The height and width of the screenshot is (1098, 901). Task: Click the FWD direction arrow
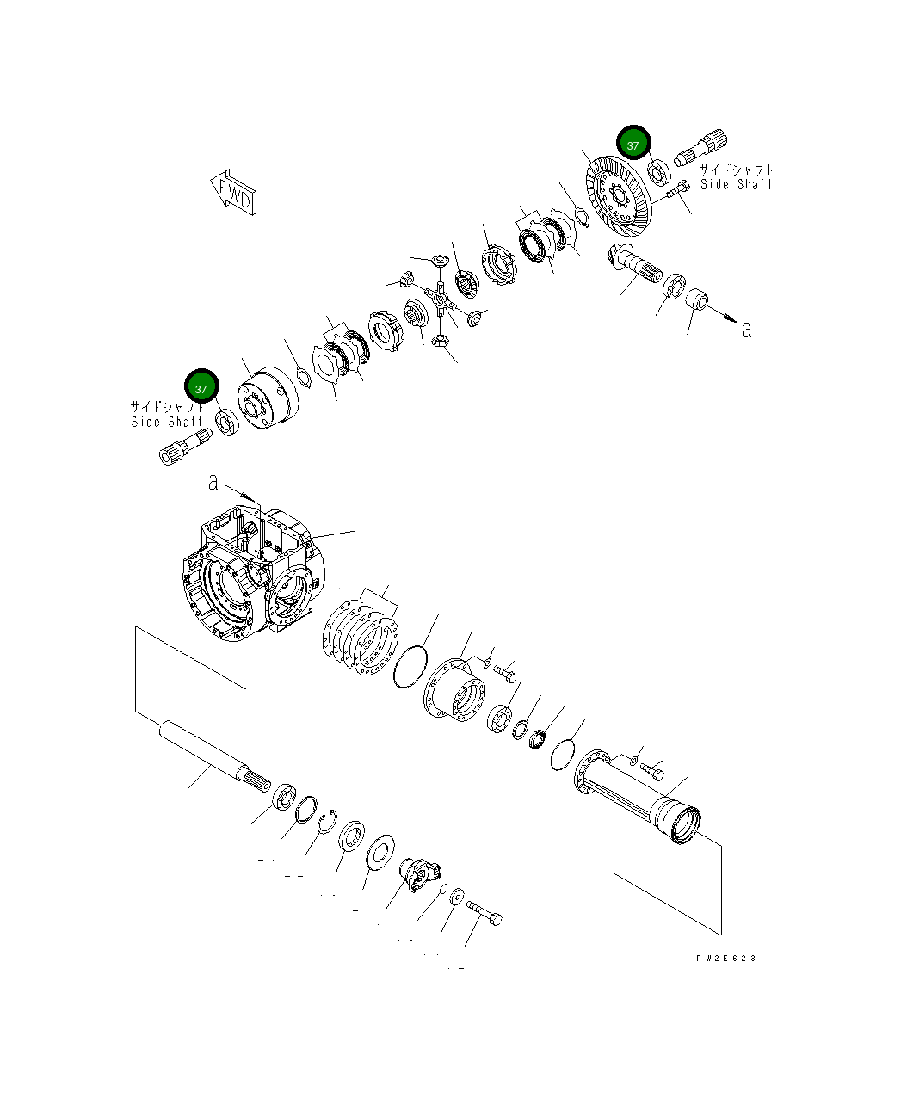[x=233, y=194]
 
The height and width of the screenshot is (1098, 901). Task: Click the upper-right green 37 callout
[x=633, y=145]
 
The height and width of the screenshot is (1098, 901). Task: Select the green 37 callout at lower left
[x=201, y=388]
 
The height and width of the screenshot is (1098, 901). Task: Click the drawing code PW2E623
[x=726, y=958]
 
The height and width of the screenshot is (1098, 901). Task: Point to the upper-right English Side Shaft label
[x=736, y=185]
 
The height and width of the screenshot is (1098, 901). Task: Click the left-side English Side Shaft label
[x=167, y=422]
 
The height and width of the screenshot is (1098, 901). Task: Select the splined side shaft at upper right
[x=701, y=151]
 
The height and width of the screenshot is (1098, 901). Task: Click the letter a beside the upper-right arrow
[x=746, y=329]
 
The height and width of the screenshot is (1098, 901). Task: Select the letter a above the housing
[x=213, y=483]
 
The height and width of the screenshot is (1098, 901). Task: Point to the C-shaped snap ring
[x=326, y=822]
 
